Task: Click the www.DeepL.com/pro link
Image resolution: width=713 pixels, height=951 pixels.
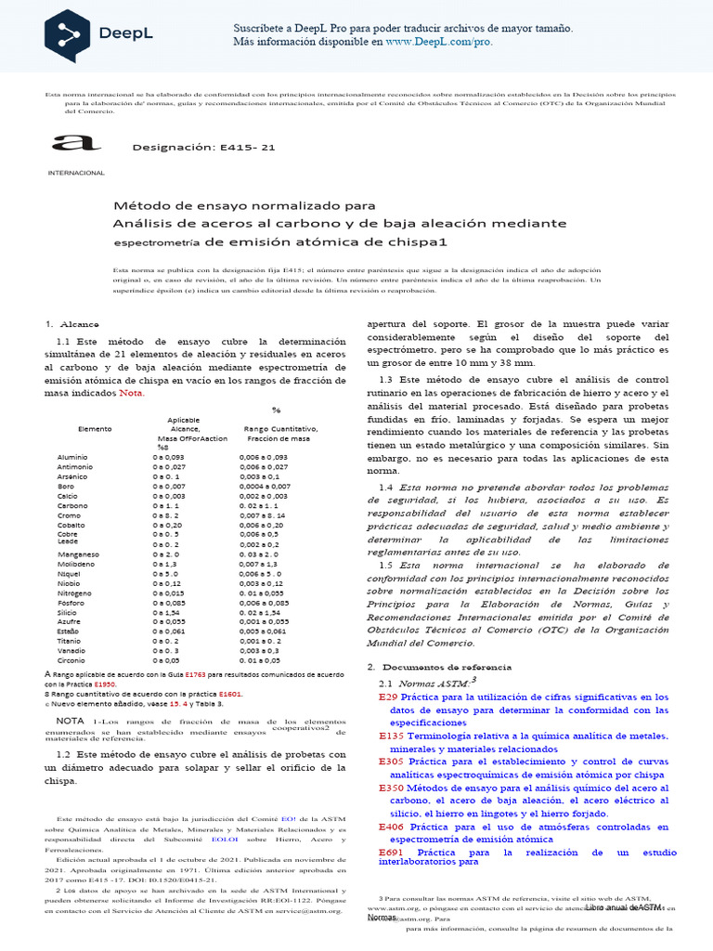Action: click(x=439, y=42)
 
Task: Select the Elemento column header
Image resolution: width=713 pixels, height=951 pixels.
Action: click(x=95, y=429)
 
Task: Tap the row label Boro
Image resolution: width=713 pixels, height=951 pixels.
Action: click(x=66, y=486)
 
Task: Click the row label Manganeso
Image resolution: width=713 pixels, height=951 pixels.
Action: click(x=78, y=554)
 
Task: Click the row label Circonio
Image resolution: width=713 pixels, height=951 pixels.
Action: click(x=72, y=660)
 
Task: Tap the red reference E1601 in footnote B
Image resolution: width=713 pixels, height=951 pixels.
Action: click(x=230, y=693)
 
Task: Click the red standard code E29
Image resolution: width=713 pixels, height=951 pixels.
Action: click(x=388, y=697)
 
